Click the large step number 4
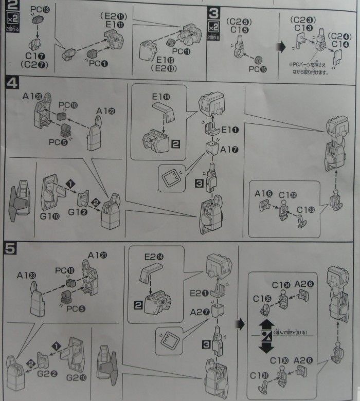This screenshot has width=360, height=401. [12, 82]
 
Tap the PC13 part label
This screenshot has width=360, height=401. [40, 9]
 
